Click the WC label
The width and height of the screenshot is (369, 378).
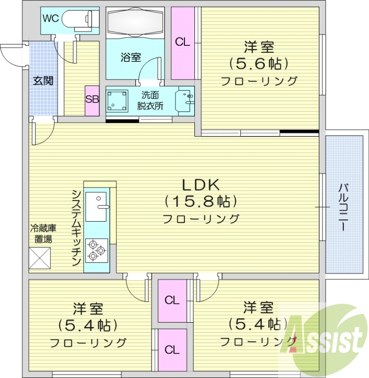pyautogui.click(x=51, y=18)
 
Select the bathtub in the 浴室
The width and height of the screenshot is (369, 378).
pyautogui.click(x=135, y=21)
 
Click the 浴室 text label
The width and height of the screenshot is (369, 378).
pyautogui.click(x=131, y=58)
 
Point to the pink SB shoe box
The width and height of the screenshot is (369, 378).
pyautogui.click(x=92, y=100)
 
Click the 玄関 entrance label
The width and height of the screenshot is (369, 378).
pyautogui.click(x=43, y=80)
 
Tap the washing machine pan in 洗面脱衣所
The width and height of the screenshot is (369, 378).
pyautogui.click(x=117, y=100)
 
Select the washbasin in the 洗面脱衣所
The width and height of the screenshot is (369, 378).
pyautogui.click(x=185, y=99)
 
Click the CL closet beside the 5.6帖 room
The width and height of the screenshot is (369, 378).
pyautogui.click(x=183, y=43)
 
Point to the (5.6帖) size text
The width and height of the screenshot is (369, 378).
pyautogui.click(x=259, y=63)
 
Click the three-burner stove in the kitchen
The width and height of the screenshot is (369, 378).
pyautogui.click(x=97, y=250)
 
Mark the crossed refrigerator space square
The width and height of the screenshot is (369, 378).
pyautogui.click(x=39, y=258)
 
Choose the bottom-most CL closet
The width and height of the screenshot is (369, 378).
pyautogui.click(x=172, y=350)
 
